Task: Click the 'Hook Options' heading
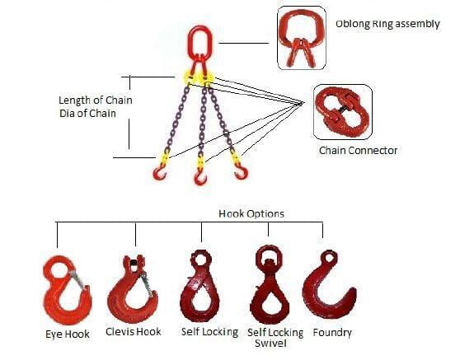(x=251, y=213)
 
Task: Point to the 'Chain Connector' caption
(x=359, y=151)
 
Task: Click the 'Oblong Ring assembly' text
(x=387, y=24)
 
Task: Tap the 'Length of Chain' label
(x=96, y=101)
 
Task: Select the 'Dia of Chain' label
(x=87, y=113)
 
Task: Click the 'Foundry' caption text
(x=332, y=333)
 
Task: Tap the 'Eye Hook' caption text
(x=68, y=334)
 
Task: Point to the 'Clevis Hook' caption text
(x=134, y=331)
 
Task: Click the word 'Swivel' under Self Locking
(x=270, y=343)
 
